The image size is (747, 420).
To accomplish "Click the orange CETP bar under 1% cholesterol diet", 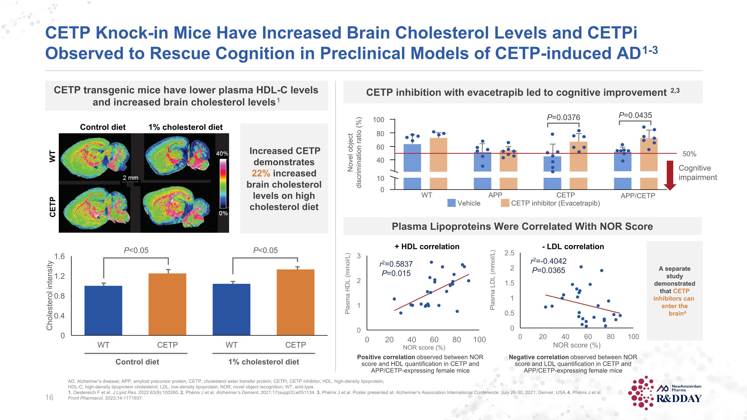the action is point(296,302).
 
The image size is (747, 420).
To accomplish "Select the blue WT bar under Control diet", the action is point(103,310).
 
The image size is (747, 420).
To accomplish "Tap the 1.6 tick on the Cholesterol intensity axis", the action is point(60,256).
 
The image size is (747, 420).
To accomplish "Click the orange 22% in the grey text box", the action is point(261,173).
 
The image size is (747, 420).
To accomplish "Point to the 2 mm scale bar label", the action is point(130,178).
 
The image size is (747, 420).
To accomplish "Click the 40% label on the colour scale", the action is point(222,154).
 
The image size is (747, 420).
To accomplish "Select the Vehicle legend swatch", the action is point(451,203).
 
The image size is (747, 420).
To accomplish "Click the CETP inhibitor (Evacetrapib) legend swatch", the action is point(505,203).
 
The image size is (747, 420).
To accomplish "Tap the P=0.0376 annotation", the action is point(563,118).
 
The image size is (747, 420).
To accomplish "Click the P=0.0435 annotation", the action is point(635,115).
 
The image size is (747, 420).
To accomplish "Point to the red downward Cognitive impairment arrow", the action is point(670,175).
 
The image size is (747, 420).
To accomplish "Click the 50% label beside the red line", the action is point(689,154).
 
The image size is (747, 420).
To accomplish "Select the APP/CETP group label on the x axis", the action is point(638,196).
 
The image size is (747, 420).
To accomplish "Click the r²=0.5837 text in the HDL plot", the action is point(396,264).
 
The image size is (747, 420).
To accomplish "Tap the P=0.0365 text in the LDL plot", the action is point(549,270).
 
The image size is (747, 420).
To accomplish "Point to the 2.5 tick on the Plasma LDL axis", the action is point(509,253).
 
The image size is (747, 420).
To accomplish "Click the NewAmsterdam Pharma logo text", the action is point(687,388).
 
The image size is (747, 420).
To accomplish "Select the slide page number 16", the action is point(49,397).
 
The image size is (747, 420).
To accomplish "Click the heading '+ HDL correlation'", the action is point(427,247).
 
